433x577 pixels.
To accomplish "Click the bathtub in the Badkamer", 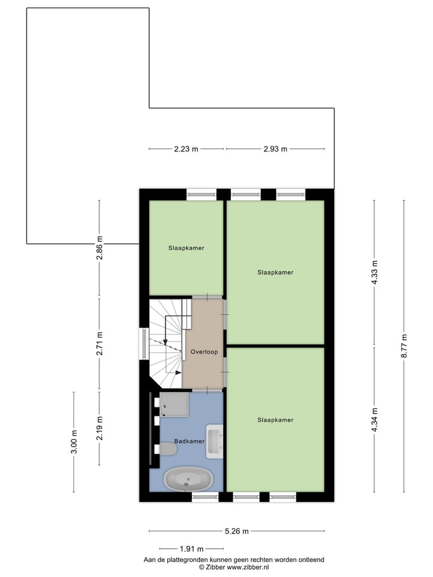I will click(188, 480).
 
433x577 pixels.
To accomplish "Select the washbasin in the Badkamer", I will click(215, 437).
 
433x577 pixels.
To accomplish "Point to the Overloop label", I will click(204, 352).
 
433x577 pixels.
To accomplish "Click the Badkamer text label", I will click(189, 441).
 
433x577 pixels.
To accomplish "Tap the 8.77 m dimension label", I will click(404, 346).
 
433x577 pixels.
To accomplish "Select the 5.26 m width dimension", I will click(236, 531).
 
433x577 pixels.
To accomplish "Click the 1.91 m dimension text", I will click(192, 549).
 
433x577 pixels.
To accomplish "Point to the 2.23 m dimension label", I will click(186, 149).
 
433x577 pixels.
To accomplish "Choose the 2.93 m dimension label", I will click(275, 149).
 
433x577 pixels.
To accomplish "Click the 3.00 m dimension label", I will click(74, 442).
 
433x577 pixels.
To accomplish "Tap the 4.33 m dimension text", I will click(375, 273).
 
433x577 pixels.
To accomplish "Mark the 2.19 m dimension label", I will click(100, 428).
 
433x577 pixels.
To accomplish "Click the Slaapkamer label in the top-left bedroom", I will click(186, 248).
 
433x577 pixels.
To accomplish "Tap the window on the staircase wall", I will click(143, 344).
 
